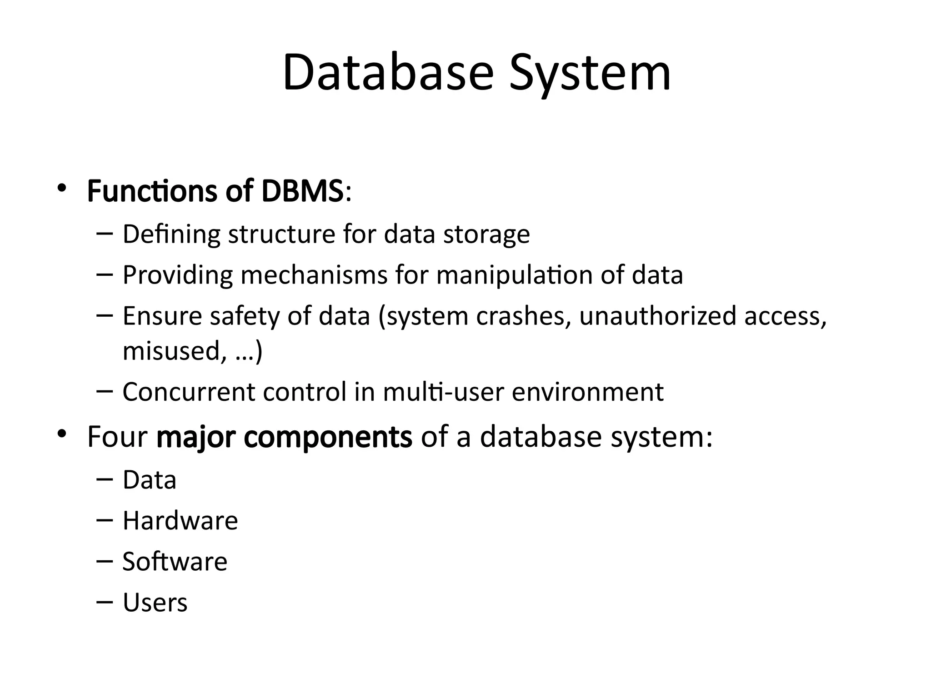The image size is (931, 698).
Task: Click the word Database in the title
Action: pyautogui.click(x=387, y=73)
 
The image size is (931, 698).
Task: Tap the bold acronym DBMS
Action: pyautogui.click(x=302, y=191)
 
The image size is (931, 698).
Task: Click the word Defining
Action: pyautogui.click(x=171, y=235)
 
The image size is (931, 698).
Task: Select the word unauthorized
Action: pyautogui.click(x=657, y=316)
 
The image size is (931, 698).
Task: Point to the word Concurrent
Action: pyautogui.click(x=189, y=392)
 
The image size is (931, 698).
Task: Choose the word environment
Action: pyautogui.click(x=587, y=392)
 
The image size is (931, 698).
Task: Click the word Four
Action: pyautogui.click(x=117, y=437)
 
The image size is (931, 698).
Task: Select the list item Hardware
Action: pyautogui.click(x=180, y=521)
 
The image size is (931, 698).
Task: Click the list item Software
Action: pyautogui.click(x=175, y=562)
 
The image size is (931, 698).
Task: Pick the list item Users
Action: pyautogui.click(x=155, y=603)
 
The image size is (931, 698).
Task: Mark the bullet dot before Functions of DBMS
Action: pyautogui.click(x=62, y=188)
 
